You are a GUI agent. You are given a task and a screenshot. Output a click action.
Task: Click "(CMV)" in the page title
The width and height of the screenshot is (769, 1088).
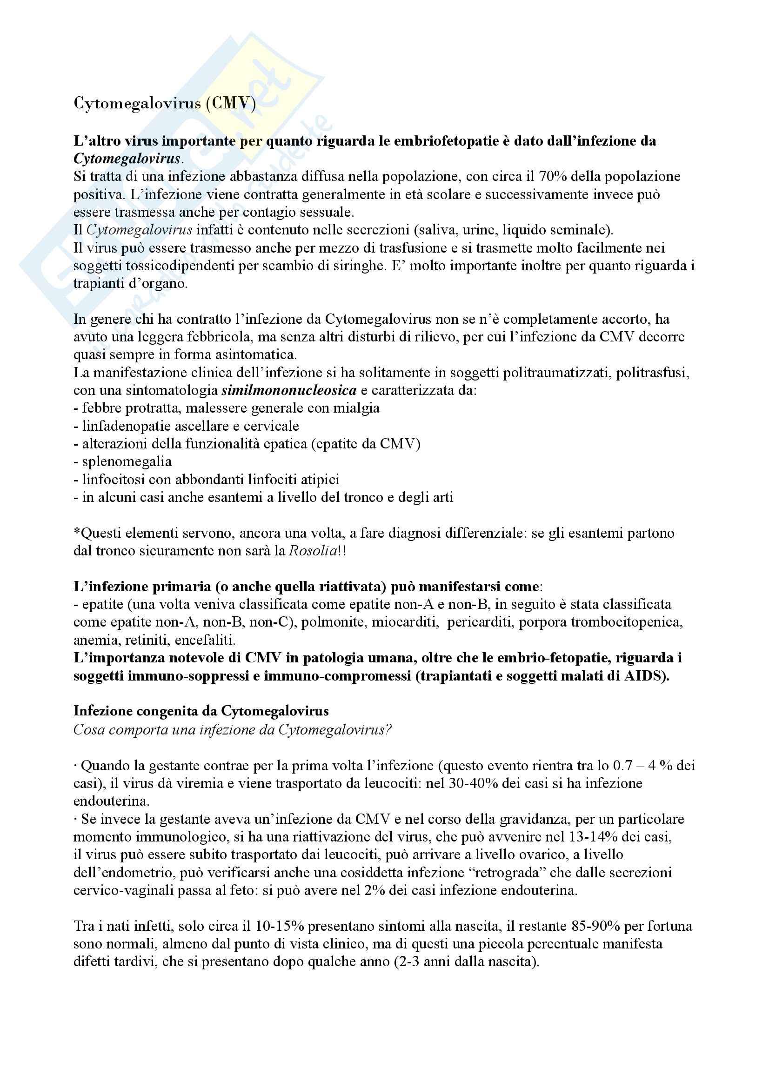231,103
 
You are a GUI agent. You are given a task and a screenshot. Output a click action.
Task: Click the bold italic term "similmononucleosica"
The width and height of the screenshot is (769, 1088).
289,390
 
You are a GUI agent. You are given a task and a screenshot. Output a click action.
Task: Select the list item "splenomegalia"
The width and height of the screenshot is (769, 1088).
127,461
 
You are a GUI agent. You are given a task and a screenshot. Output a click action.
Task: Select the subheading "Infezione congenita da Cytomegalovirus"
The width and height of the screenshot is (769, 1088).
201,711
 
